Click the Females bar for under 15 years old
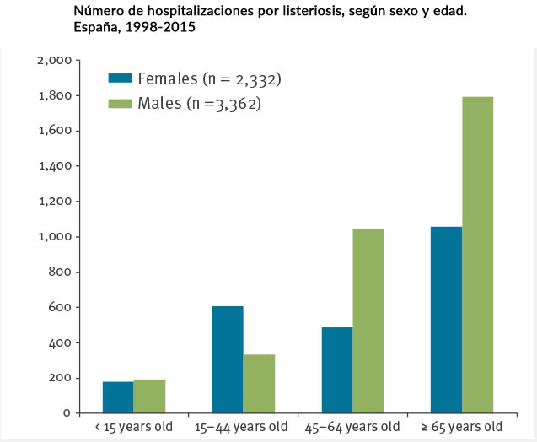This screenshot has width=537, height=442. point(119,397)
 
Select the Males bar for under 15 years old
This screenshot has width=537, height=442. point(149,396)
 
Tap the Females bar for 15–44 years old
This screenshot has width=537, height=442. point(228,359)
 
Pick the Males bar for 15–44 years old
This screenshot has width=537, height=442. point(259,384)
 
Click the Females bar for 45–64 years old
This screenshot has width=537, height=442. point(337,369)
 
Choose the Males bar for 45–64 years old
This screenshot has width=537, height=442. point(368,321)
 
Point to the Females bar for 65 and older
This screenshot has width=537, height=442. point(446,320)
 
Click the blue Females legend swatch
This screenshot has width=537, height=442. point(121,78)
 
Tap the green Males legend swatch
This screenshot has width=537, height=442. point(121,104)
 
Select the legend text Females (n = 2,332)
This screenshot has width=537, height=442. point(209,79)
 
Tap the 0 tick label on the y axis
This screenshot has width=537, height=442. point(65,413)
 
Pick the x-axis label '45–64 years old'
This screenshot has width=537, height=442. point(353,427)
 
